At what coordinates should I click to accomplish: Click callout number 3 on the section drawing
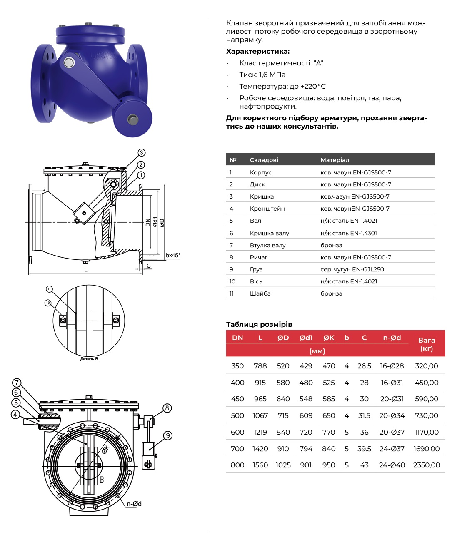tap(142, 153)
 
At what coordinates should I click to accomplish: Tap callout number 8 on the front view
tap(167, 408)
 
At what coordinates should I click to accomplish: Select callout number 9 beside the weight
tap(167, 435)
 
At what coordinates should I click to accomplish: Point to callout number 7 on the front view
tap(17, 383)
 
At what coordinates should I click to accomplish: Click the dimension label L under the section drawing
tap(86, 270)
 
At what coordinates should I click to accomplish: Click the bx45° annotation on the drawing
tap(173, 255)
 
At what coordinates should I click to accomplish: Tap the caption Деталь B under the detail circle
tap(89, 359)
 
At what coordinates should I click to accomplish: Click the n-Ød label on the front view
tap(134, 504)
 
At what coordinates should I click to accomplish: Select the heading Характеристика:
tap(258, 52)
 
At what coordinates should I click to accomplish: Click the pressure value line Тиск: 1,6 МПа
tap(262, 75)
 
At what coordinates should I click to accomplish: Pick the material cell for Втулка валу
tap(331, 245)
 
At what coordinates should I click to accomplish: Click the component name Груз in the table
tap(256, 269)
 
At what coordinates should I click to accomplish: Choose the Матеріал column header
tap(335, 160)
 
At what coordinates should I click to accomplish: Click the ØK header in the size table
tap(329, 338)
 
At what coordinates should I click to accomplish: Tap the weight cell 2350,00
tap(427, 465)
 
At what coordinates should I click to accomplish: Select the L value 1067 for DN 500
tap(260, 415)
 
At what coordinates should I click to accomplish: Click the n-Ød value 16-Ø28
tap(392, 366)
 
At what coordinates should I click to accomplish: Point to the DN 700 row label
tap(237, 449)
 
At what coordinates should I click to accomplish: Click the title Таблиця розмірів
tap(259, 324)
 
